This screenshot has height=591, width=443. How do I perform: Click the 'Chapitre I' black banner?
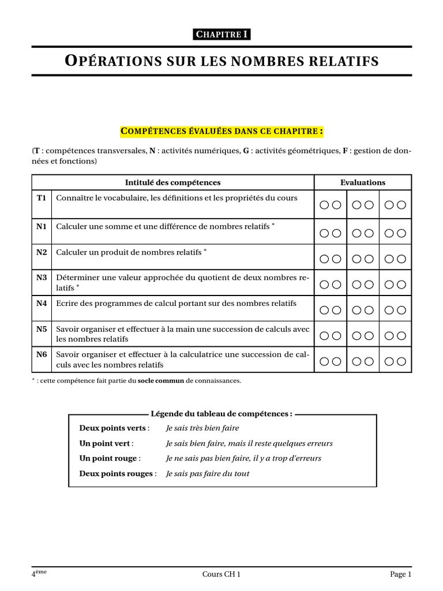point(221,35)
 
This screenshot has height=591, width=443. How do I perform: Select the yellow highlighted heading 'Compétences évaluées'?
point(221,132)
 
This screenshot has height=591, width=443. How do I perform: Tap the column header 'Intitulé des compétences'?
point(173,182)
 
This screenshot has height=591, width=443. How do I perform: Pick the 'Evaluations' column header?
point(363,182)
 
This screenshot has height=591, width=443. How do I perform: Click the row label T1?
point(42,198)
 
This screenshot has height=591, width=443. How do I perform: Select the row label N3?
point(42,278)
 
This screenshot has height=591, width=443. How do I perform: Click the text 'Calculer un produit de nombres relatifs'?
point(129,253)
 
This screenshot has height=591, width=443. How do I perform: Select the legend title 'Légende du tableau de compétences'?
point(221,414)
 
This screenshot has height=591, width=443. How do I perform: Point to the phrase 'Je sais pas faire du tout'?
point(207,474)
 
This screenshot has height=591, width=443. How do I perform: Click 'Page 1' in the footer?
point(400,574)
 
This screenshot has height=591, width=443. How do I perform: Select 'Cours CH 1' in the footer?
point(221,574)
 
